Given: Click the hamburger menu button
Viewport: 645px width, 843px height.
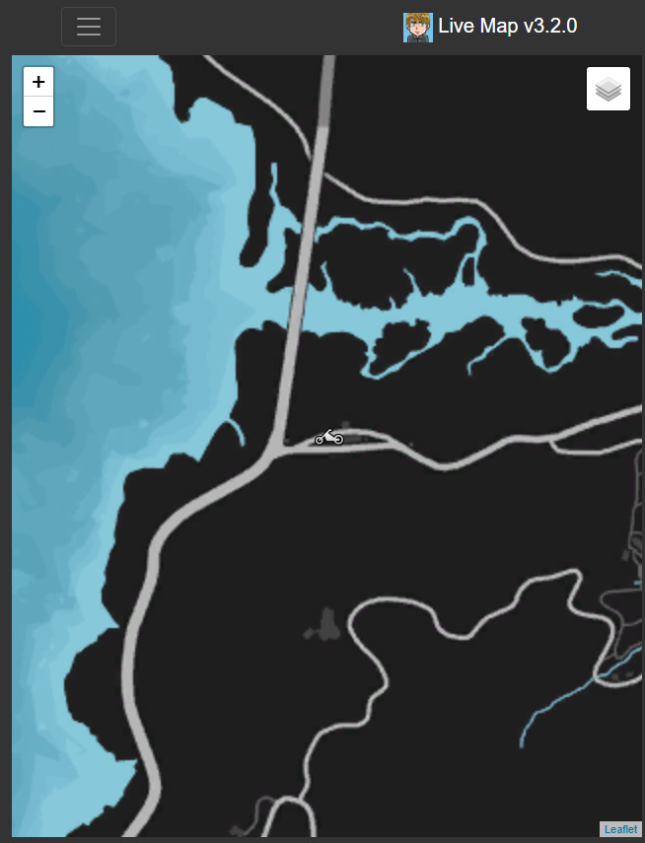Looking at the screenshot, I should (89, 27).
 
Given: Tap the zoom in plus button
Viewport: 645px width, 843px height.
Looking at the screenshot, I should (38, 82).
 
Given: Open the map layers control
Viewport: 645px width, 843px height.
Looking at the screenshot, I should (609, 90).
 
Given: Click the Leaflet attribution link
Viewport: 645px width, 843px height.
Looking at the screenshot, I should (620, 829).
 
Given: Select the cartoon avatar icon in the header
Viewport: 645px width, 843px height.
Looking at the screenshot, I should (418, 28).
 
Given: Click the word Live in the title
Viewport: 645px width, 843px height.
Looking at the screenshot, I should (459, 27).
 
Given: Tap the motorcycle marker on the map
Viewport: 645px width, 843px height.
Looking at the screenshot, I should (329, 436).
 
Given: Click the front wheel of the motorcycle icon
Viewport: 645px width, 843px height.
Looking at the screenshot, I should (337, 439).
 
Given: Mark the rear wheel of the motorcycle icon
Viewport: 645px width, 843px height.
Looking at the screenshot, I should (321, 439).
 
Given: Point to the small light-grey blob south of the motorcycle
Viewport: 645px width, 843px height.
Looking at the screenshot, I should (324, 624).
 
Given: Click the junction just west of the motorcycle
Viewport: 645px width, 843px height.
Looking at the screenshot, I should (275, 452).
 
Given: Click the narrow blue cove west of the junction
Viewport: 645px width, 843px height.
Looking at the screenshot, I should (234, 433).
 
